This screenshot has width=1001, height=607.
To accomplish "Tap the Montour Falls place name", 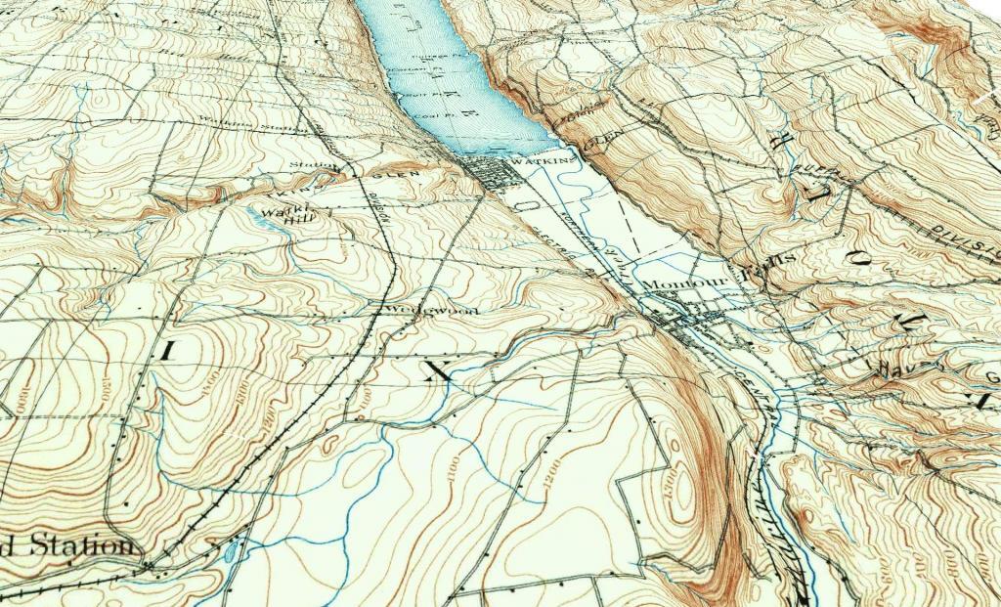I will point(708,281).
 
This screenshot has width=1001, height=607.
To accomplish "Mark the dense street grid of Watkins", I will point(495,175).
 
